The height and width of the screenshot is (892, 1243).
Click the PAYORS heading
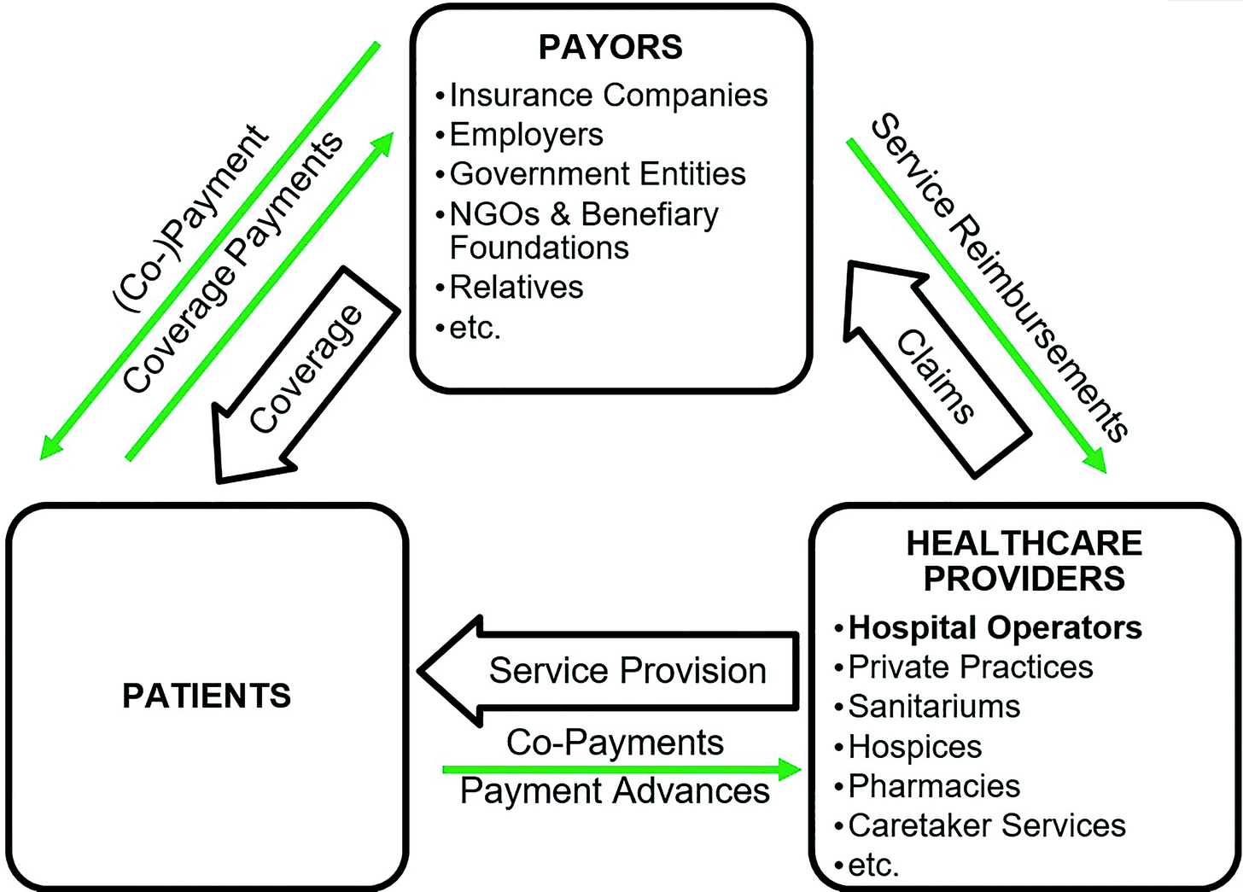point(610,47)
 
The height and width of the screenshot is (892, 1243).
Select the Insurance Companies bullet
point(608,95)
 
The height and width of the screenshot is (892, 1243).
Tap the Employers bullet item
point(526,135)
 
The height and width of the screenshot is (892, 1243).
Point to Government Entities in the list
point(598,174)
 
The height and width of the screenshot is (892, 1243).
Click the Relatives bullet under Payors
point(516,288)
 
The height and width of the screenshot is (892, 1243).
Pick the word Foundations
point(539,248)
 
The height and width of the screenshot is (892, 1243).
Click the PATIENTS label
point(207,696)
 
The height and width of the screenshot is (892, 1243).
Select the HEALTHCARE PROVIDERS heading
point(1024,561)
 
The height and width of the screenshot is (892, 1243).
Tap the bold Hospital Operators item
point(995,627)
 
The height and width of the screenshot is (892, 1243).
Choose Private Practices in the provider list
point(971,667)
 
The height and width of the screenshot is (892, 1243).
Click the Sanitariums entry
point(934,707)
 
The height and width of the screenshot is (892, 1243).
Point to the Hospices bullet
point(914,747)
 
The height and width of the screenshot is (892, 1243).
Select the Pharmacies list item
point(934,786)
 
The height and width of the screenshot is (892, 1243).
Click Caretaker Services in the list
point(987,825)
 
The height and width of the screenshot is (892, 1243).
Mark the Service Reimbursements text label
point(999,277)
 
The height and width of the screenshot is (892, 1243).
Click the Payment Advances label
point(615,791)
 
